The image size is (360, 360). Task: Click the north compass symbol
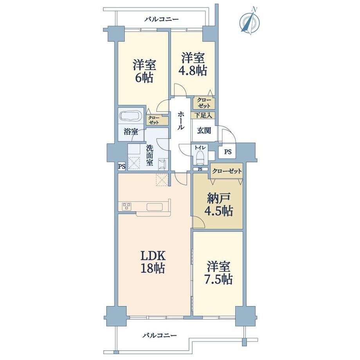[x=250, y=21]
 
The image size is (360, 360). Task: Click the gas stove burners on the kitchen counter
[x=126, y=206]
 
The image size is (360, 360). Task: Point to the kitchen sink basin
[x=155, y=206]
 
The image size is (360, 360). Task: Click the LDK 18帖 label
[x=153, y=262]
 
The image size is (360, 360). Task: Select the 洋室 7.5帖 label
[x=218, y=273]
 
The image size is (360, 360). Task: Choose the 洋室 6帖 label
[x=144, y=71]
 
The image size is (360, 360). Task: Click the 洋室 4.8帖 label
[x=193, y=64]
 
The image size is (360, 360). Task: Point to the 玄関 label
[x=204, y=130]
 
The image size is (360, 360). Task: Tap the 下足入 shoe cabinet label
[x=203, y=115]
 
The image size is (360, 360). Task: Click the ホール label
[x=181, y=121]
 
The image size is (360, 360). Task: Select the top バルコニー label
[x=161, y=19]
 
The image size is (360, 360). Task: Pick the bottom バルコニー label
[x=160, y=335]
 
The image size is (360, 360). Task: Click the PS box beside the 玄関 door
[x=227, y=152]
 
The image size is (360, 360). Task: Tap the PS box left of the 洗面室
[x=122, y=166]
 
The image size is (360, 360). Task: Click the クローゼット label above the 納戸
[x=227, y=171]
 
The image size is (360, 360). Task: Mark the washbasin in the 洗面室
[x=163, y=164]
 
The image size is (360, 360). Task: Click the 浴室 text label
[x=131, y=132]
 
